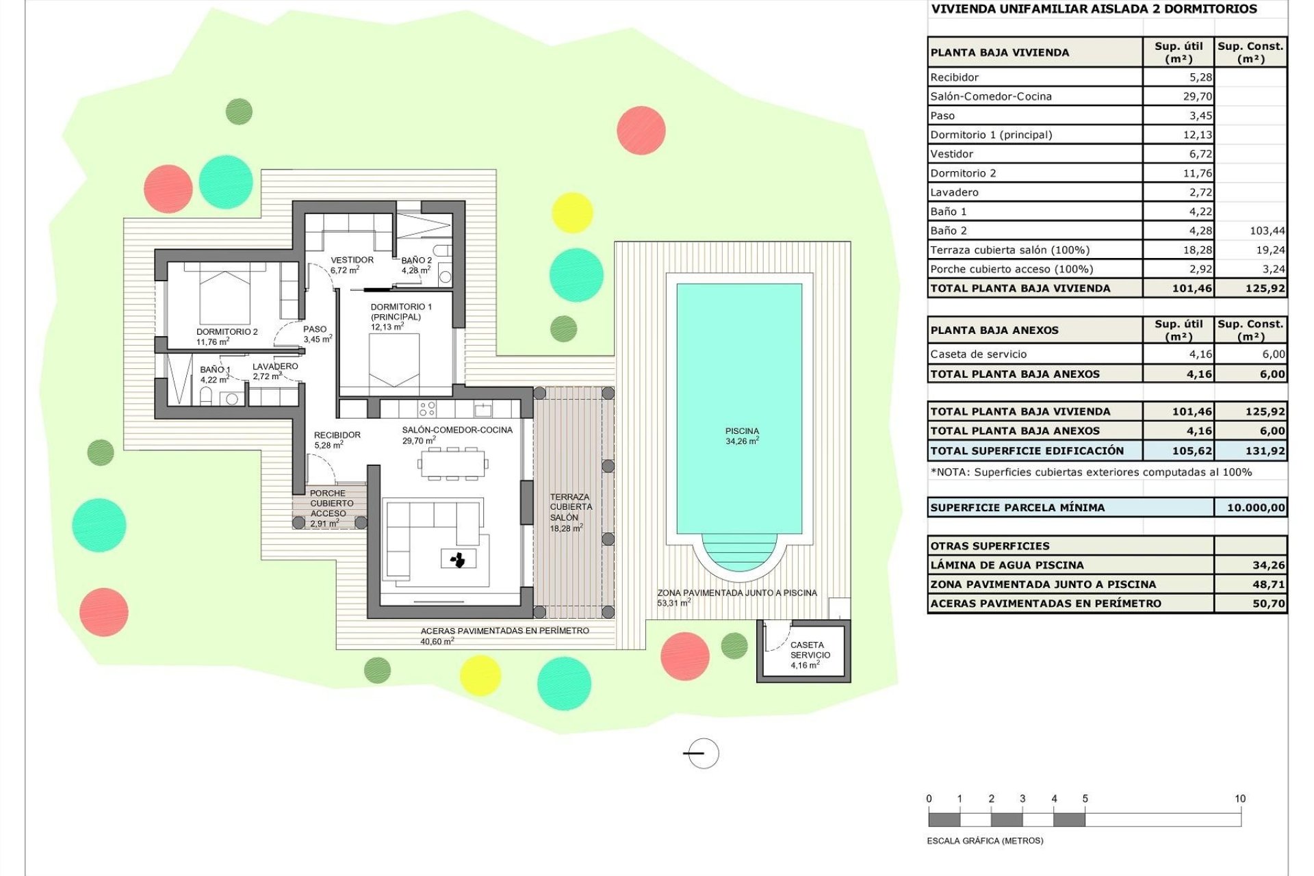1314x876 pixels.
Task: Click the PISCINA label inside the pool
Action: (x=742, y=436)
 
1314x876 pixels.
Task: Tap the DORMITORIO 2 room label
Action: (x=227, y=336)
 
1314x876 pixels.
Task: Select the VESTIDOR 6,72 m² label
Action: (x=352, y=265)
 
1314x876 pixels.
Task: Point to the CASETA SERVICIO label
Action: (x=810, y=654)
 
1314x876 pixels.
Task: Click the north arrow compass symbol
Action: (x=702, y=753)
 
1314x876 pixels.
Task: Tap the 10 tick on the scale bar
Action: (x=1240, y=799)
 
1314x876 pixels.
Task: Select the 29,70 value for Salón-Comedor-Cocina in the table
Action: (x=1197, y=96)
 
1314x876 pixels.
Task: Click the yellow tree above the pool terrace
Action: (x=571, y=212)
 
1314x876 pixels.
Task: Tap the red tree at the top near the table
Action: (x=641, y=130)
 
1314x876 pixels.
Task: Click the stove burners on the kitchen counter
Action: (x=427, y=409)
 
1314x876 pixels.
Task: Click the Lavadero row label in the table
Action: (x=954, y=192)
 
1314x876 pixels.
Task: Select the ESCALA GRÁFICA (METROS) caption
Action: (x=985, y=840)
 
